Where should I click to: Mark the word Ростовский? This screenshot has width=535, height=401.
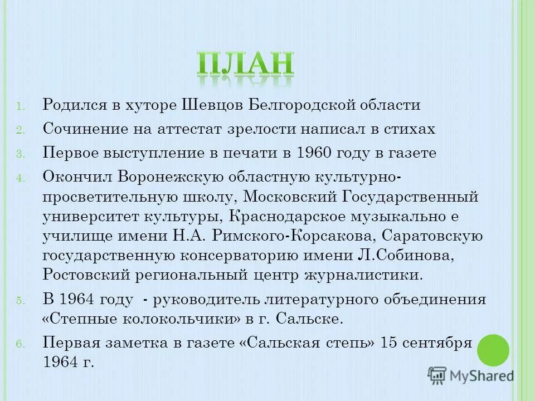[86, 275]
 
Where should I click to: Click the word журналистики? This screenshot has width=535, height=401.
[363, 275]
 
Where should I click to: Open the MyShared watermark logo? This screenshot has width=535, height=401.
[471, 375]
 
